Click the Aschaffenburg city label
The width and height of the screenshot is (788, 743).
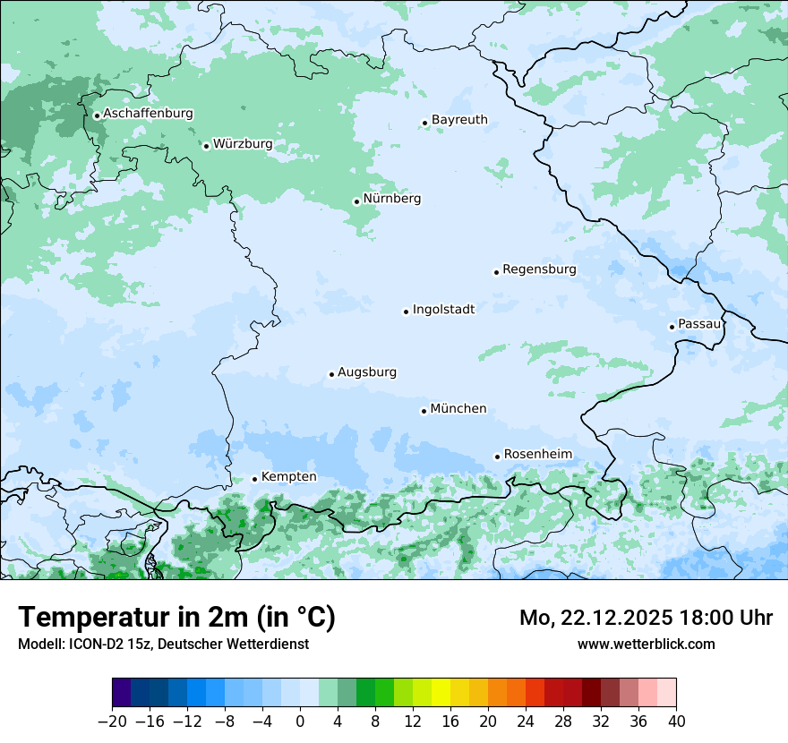(148, 114)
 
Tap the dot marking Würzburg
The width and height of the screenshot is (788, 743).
(206, 146)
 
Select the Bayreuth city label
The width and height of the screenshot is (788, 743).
(459, 120)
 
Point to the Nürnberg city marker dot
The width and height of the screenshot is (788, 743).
(356, 201)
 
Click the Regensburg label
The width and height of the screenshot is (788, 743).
(539, 269)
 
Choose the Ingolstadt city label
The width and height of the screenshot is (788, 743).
(443, 310)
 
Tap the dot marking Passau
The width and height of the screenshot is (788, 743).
(672, 327)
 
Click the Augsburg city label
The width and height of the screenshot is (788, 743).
(367, 372)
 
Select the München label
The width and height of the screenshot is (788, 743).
(458, 409)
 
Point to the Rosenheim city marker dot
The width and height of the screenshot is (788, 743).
(497, 457)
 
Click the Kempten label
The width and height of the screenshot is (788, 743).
(288, 477)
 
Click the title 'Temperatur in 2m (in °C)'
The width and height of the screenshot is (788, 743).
(176, 618)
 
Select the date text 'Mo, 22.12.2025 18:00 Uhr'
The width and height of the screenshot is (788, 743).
(646, 618)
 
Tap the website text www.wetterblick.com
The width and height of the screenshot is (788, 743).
(646, 644)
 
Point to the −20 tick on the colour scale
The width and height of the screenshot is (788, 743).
(112, 721)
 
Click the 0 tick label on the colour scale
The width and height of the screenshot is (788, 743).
(300, 721)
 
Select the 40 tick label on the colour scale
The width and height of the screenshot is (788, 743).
(676, 721)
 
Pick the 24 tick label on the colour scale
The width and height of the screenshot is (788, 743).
(526, 721)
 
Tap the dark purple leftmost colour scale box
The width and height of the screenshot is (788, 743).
(122, 693)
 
